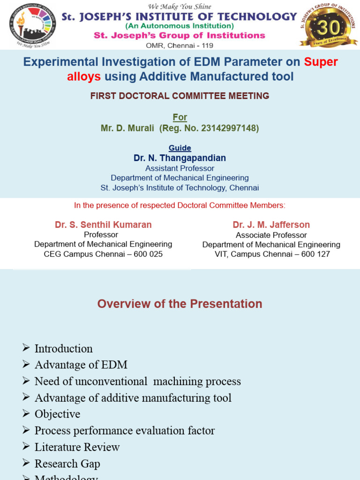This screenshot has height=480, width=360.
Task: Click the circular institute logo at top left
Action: [x=32, y=24]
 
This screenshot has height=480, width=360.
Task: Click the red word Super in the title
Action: [x=321, y=62]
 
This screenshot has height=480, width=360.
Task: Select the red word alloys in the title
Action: [x=84, y=76]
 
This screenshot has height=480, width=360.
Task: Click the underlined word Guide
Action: [x=180, y=148]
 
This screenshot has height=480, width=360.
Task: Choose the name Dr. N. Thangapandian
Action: [x=180, y=158]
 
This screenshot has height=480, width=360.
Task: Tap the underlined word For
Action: [x=180, y=117]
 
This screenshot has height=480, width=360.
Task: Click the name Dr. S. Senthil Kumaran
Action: [x=103, y=225]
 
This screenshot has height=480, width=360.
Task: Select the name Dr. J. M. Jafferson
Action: [x=271, y=225]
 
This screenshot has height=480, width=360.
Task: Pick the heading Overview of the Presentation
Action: [x=180, y=304]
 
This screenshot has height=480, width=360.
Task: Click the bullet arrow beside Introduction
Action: [x=26, y=348]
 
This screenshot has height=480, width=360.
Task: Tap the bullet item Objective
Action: [x=57, y=414]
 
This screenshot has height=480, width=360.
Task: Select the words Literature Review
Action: [x=77, y=447]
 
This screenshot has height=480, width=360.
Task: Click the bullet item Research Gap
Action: [x=67, y=464]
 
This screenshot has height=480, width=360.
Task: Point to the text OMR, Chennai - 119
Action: [x=180, y=46]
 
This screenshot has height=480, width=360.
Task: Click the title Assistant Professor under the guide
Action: [x=180, y=168]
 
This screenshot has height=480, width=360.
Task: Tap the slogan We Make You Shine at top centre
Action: [x=180, y=7]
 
